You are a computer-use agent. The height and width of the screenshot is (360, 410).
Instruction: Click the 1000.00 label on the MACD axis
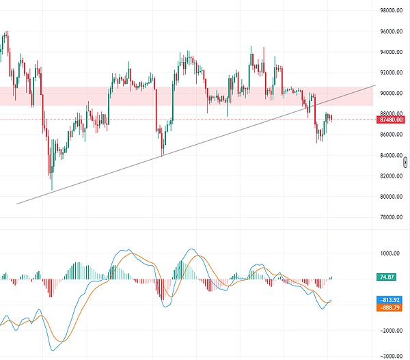click(x=390, y=253)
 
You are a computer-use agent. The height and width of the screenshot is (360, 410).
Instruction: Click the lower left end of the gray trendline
click(x=16, y=204)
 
